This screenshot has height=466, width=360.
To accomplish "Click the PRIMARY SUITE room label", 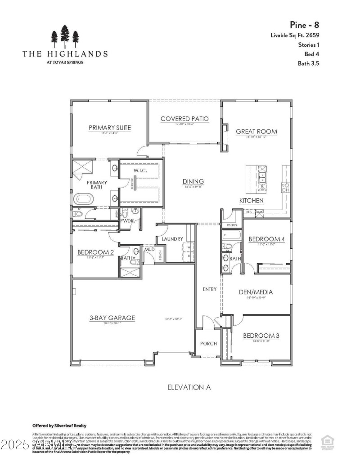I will pos(109,128).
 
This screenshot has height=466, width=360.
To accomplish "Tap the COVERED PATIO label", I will pos(184,119).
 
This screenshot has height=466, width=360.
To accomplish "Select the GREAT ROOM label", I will pos(256,132).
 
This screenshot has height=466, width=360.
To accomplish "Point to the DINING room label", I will pos(193,181).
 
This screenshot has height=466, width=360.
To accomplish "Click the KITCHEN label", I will pos(251,201).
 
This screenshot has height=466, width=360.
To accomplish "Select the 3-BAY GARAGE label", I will pos(112,318).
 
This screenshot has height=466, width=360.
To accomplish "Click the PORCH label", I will pos(208,343).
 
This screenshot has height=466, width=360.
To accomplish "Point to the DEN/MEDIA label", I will pos(256,291).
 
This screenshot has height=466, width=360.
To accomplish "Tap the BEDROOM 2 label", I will pos(95,252).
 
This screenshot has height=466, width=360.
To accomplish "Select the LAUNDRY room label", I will pos(171,239).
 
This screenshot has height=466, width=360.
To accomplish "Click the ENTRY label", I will pos(209,289).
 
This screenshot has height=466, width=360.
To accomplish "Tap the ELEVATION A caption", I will pos(189,387).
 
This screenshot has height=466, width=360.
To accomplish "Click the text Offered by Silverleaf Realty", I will pos(59,426).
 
